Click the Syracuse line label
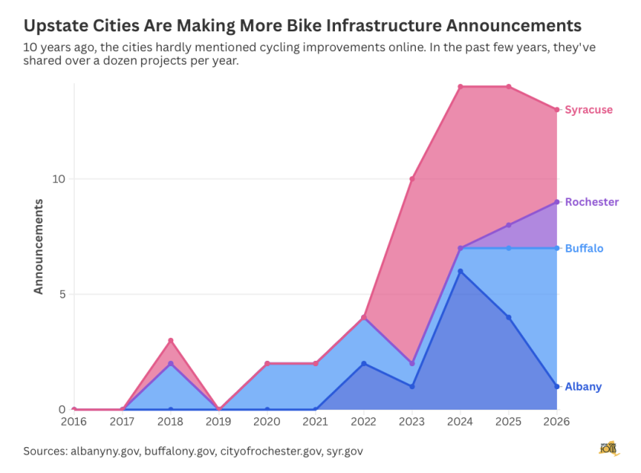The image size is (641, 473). point(588,110)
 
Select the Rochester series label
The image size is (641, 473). point(591,202)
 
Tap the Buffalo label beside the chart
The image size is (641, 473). point(584,249)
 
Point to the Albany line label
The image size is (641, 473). point(583,387)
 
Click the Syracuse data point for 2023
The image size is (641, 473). point(412,179)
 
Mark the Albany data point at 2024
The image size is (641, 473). point(460,272)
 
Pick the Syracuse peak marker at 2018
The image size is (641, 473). point(171,340)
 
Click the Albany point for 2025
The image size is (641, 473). point(508,317)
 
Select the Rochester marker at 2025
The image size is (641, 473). point(508,225)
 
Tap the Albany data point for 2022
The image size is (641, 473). point(364,363)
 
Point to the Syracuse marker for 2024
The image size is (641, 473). point(460,87)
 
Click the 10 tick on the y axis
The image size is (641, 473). point(59,179)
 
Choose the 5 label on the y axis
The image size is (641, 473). point(62,294)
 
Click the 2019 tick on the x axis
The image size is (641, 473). point(219,421)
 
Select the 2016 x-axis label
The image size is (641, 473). point(74,421)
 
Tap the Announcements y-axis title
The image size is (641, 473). point(38,246)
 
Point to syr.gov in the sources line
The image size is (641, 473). point(345,452)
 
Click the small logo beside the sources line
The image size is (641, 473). point(609,449)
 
